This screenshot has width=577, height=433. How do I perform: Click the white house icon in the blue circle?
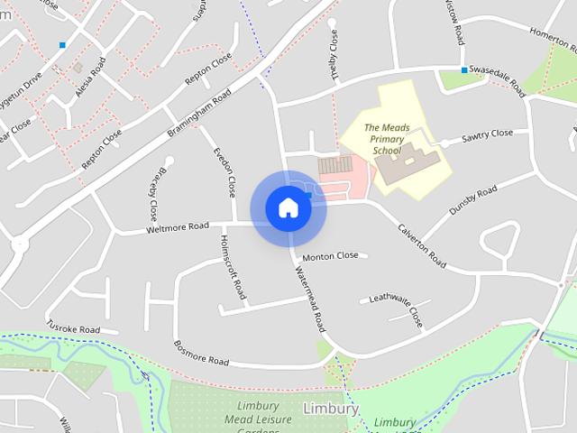click(x=288, y=208)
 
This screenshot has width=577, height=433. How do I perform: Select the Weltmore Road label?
click(x=177, y=228)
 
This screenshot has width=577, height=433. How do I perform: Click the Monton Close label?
click(x=330, y=256)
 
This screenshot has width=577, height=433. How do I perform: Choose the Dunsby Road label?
click(x=472, y=202)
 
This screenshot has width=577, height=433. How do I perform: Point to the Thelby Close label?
click(x=335, y=55)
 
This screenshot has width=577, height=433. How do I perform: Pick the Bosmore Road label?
click(x=201, y=353)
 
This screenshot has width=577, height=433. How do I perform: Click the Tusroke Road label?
click(x=74, y=328)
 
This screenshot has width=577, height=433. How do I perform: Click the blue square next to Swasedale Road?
click(x=464, y=70)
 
